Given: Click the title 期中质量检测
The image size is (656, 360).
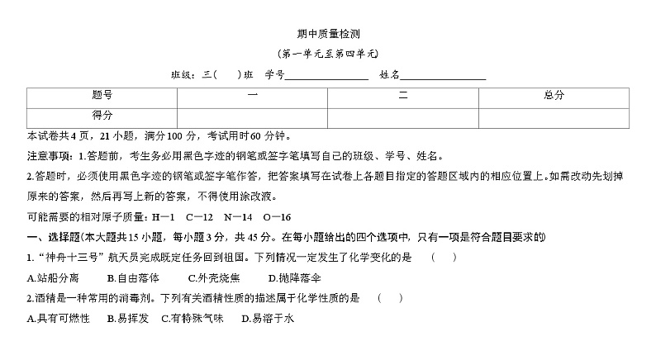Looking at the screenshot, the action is coord(328,34).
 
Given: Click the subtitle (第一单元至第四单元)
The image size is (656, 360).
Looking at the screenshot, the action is coord(328,54).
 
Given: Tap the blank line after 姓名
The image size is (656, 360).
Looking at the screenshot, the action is coord(443,75).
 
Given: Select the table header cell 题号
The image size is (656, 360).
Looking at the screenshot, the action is coord(102,96).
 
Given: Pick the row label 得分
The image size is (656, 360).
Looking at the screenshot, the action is coord(102,116).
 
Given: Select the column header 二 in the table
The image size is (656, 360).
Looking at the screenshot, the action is coord(403,96).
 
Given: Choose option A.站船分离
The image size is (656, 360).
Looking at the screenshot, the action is coord(54,277).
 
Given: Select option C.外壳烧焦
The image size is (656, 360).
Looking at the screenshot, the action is coord(214,277).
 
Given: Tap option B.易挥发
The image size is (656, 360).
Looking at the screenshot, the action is coord(127,318).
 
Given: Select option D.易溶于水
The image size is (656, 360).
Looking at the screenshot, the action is coord(267,318).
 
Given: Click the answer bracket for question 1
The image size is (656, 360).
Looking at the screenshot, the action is coord(444,258).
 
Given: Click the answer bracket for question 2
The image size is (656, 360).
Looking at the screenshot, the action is coord(390,297).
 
